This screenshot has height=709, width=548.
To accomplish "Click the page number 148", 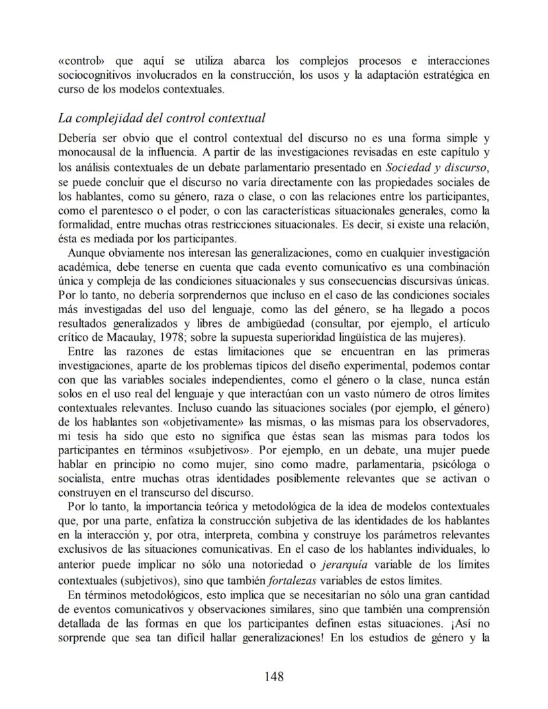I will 274,676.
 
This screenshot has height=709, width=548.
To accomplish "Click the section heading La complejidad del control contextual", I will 161,118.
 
